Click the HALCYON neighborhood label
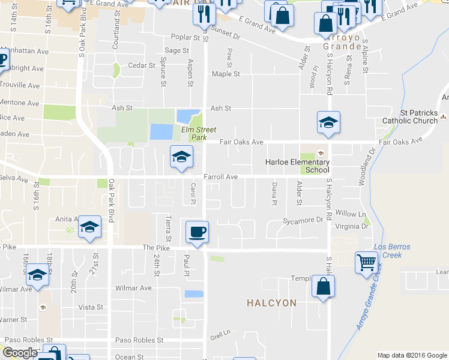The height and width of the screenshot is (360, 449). pos(271,303)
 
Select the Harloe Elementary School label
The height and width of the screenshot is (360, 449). pos(298,166)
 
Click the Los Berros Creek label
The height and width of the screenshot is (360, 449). pos(387,251)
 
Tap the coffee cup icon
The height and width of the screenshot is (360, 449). pos(197,232)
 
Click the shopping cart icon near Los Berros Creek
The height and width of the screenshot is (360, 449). pos(366,262)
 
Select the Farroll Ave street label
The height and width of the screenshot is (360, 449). pos(221,177)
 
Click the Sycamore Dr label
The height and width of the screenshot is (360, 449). pos(303,220)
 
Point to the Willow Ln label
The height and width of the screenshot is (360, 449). pos(351,214)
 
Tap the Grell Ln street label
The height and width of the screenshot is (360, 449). pos(220,332)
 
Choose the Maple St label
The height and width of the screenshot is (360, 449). pos(224,74)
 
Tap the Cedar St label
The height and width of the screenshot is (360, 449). pos(137,65)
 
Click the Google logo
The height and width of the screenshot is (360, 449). pos(20,353)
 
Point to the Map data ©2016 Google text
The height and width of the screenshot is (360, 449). pos(411,355)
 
